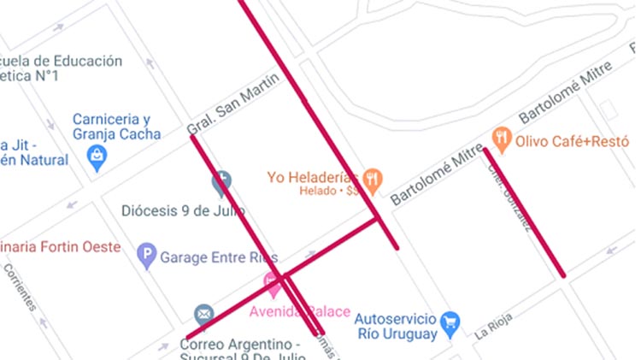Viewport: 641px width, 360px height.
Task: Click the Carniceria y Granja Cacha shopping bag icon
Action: [98, 156]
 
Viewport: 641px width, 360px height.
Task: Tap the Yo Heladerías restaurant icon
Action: [372, 180]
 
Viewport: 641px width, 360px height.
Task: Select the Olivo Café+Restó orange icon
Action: [502, 139]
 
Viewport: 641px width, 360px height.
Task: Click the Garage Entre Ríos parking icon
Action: [148, 256]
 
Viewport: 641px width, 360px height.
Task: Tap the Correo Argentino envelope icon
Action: [203, 315]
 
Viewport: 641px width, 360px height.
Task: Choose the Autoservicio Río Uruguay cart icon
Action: [450, 322]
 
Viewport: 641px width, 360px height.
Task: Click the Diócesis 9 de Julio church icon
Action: [221, 181]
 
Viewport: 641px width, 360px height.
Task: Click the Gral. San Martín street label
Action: [232, 104]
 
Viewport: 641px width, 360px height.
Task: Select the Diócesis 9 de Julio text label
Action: [183, 210]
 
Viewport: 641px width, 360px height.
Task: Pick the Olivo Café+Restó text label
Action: [572, 141]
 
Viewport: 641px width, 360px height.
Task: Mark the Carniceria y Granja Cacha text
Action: [116, 127]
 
